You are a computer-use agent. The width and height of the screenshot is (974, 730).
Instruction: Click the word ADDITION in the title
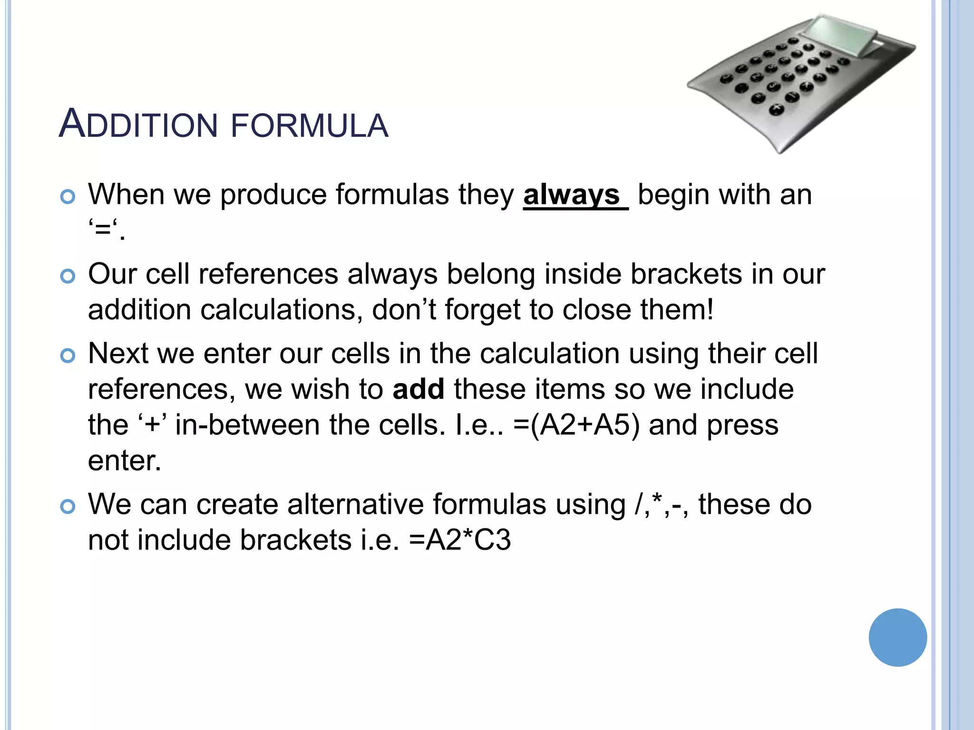click(x=138, y=125)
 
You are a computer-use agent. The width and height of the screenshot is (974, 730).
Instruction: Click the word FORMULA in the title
click(x=310, y=125)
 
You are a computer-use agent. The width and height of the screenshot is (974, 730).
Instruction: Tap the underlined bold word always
click(x=572, y=194)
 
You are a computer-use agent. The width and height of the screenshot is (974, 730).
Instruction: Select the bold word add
click(x=419, y=389)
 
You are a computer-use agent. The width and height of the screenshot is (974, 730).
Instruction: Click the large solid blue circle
click(x=897, y=637)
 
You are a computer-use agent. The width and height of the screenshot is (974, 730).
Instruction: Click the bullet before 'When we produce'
click(x=68, y=196)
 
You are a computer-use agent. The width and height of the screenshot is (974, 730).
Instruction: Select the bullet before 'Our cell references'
click(x=68, y=276)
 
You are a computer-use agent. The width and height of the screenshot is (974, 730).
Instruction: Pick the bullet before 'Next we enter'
click(x=68, y=355)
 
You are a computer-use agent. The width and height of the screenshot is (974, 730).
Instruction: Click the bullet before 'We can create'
click(x=68, y=506)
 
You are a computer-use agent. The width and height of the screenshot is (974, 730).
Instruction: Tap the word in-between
click(x=247, y=424)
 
